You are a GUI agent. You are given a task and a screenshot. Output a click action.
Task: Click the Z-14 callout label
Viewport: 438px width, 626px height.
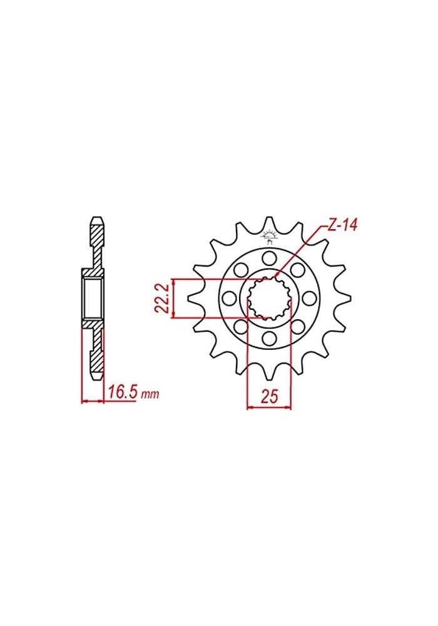click(x=342, y=226)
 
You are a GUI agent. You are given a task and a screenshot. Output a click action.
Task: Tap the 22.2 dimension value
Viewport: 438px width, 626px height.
click(x=160, y=298)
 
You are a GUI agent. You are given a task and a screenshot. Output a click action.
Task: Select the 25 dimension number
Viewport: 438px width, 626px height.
click(x=270, y=397)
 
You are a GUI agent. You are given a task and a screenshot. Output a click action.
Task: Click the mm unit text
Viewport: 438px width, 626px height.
click(x=150, y=395)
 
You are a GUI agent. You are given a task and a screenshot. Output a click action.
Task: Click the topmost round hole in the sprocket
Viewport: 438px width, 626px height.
click(x=270, y=257)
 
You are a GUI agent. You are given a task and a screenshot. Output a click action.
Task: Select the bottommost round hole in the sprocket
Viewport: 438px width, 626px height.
click(x=270, y=339)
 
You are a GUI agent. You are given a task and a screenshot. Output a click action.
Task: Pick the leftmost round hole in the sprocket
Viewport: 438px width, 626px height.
click(x=229, y=298)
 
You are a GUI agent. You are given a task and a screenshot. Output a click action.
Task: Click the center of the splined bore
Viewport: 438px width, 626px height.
click(x=270, y=298)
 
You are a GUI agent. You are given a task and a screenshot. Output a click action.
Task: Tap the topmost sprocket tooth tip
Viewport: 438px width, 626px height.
click(x=270, y=218)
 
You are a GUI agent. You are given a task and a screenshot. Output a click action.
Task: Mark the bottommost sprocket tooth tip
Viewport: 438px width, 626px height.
click(x=270, y=378)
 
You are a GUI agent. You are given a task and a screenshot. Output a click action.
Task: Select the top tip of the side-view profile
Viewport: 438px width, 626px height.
click(x=96, y=218)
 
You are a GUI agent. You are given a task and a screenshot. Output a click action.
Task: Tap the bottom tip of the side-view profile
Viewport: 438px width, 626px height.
click(x=96, y=378)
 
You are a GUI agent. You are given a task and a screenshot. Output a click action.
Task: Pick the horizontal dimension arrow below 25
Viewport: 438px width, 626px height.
click(x=270, y=409)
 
